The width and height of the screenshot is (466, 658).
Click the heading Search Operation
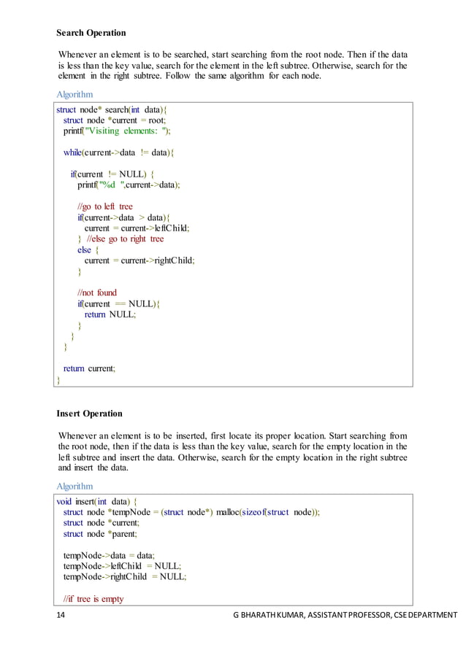(x=91, y=33)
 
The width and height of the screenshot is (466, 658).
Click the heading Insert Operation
(x=89, y=414)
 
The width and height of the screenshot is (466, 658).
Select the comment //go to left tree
(x=105, y=206)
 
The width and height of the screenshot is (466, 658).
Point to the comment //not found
(x=97, y=293)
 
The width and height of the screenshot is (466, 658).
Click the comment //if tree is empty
(x=93, y=599)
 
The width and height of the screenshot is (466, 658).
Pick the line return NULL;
(x=110, y=314)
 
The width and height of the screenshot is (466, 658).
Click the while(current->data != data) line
(x=119, y=152)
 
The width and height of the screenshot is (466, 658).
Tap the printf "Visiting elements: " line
(x=117, y=131)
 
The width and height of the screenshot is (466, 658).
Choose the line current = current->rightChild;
(x=140, y=260)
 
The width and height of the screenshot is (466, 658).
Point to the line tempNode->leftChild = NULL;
(x=122, y=566)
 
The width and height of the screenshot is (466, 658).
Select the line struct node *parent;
(x=95, y=533)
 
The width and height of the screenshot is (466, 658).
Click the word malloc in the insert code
(x=233, y=512)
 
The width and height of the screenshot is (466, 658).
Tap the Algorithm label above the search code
(x=75, y=95)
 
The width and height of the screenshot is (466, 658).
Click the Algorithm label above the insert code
(x=75, y=486)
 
